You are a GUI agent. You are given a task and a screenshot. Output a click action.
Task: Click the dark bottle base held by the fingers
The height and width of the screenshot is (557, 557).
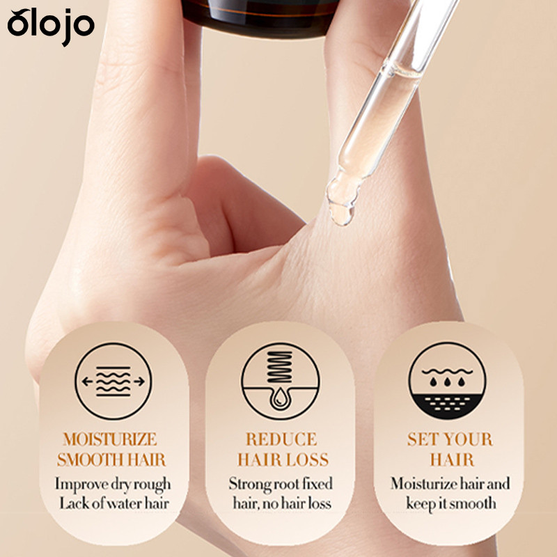262,17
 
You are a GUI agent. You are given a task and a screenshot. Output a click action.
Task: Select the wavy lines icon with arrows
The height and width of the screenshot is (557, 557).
113,381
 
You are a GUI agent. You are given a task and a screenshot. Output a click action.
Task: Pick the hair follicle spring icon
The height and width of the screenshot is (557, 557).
281,381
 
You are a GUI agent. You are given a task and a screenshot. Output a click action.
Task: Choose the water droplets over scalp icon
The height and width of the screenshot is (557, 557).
447,380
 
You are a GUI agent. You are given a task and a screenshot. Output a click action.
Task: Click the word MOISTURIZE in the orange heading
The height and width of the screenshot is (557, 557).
110,439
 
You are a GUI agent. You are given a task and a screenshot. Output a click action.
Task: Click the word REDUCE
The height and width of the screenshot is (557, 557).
281,439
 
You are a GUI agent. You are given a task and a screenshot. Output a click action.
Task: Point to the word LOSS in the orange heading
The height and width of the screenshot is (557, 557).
308,460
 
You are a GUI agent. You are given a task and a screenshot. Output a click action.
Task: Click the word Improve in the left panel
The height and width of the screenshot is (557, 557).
81,485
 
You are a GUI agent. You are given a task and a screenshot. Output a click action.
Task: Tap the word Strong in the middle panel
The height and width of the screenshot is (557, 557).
249,485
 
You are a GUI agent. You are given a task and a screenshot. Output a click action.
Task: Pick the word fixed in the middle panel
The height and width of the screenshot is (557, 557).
318,483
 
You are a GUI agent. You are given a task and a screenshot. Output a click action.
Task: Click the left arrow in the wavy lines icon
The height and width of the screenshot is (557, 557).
88,382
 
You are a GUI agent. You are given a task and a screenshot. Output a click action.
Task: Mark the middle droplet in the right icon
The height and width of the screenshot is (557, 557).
447,382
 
